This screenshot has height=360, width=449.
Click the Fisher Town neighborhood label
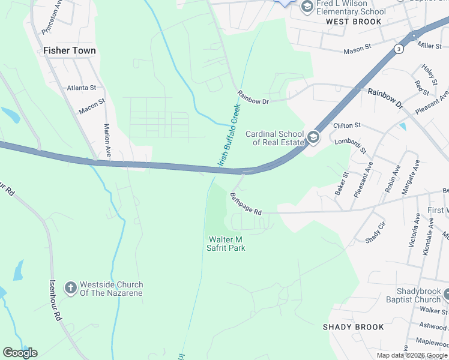pyautogui.click(x=69, y=51)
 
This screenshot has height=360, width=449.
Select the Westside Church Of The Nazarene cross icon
pyautogui.click(x=71, y=289)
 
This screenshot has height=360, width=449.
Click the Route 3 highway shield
pyautogui.click(x=399, y=48)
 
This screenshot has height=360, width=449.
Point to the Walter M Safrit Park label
pyautogui.click(x=226, y=244)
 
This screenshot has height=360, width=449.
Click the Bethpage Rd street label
pyautogui.click(x=246, y=204)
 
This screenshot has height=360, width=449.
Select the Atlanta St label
pyautogui.click(x=82, y=88)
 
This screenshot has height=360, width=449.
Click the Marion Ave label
pyautogui.click(x=108, y=141)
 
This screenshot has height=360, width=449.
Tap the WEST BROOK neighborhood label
pyautogui.click(x=354, y=22)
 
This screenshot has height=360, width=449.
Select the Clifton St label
pyautogui.click(x=346, y=125)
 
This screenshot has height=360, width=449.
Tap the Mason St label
pyautogui.click(x=358, y=49)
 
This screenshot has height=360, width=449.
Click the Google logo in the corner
pyautogui.click(x=20, y=353)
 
